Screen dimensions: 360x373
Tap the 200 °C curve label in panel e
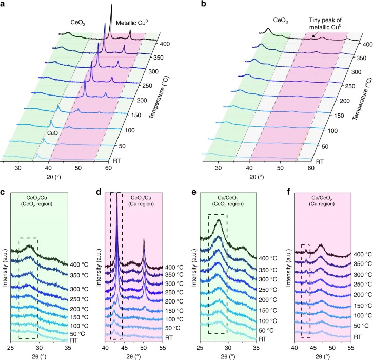tap(268, 299)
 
